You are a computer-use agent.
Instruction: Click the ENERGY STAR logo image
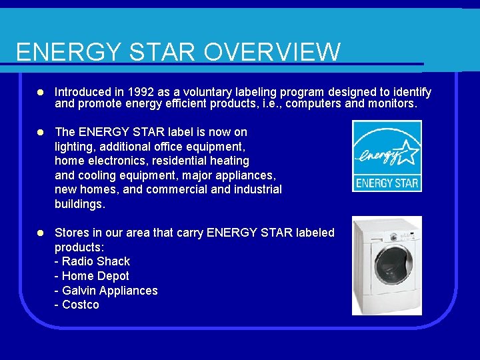(x=387, y=156)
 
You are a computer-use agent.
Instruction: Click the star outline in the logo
(x=406, y=152)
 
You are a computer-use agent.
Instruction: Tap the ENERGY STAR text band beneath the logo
(x=387, y=183)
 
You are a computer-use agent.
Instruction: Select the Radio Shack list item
(x=95, y=261)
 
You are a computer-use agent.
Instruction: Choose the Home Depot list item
(x=95, y=276)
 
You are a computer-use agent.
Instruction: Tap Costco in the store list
(x=80, y=305)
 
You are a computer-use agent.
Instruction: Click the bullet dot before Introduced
(x=41, y=92)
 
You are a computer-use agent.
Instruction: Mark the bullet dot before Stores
(x=41, y=233)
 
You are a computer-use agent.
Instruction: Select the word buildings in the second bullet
(x=79, y=205)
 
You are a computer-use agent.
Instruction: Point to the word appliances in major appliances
(x=247, y=175)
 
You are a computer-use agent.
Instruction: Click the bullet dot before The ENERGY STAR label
(x=41, y=132)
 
